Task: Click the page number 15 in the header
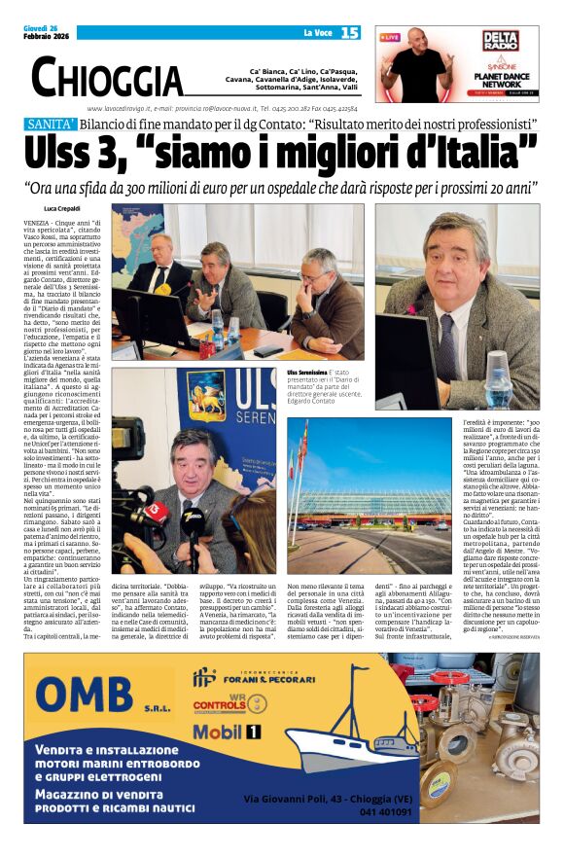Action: [350, 33]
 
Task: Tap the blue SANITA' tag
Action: [52, 125]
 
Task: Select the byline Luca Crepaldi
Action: [63, 209]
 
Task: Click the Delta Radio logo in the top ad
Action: [499, 40]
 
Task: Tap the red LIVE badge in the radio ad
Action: [390, 37]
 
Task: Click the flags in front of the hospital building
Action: [306, 457]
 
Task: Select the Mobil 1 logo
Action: [227, 733]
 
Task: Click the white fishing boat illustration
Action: [335, 736]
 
